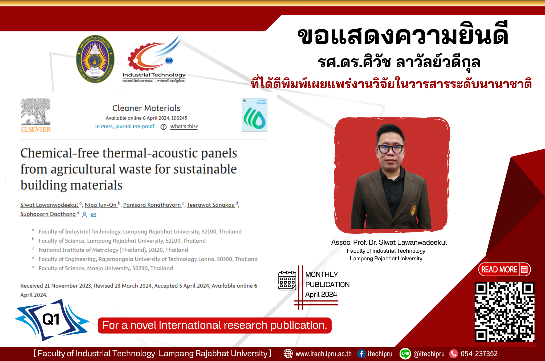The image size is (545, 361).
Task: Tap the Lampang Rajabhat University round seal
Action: pos(95,59)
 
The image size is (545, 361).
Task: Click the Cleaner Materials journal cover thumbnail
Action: pos(254,115)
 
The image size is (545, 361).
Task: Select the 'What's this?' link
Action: pos(184,126)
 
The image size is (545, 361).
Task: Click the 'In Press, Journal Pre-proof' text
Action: pos(125,126)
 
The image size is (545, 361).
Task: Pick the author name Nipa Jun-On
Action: pos(101,205)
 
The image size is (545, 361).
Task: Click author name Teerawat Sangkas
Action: pos(210,205)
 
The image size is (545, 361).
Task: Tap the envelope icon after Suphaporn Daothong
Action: pos(94,215)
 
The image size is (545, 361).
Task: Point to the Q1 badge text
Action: pos(51,319)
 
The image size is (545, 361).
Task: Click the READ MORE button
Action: pos(505,269)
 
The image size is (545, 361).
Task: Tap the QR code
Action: pos(504,311)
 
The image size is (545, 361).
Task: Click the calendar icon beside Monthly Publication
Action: pos(287,280)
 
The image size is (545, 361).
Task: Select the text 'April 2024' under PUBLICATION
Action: pos(321,294)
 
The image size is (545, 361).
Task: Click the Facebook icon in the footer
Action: pos(361,354)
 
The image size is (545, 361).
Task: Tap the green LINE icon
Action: pos(405,354)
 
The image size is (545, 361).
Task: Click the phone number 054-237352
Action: pos(479,354)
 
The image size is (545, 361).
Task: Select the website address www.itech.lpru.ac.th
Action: pos(324,354)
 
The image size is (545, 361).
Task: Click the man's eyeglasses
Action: pos(391,149)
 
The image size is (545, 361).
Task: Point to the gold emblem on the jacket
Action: pos(413,210)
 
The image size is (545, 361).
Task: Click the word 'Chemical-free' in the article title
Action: pos(60,153)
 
